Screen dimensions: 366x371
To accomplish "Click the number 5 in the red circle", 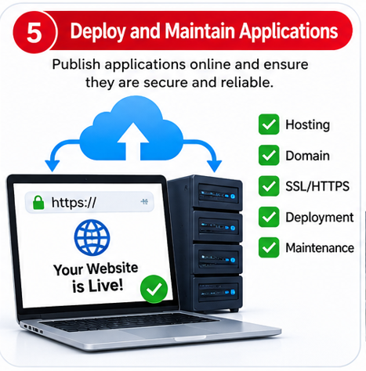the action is point(34,33).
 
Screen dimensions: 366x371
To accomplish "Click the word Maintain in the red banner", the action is point(200,31).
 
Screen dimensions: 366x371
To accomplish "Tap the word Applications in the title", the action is point(288,32).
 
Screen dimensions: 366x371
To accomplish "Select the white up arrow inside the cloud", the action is point(133,141).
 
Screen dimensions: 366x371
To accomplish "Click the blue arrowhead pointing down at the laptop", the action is point(53,165).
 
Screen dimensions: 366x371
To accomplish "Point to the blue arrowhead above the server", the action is point(214,166).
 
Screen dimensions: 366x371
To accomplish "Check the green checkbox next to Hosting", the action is point(269,124).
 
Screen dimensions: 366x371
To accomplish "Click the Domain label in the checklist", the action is point(307,156).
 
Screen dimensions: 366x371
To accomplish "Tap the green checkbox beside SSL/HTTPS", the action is point(269,186).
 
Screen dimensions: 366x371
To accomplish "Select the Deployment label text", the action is point(320,218).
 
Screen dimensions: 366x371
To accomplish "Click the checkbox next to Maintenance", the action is point(269,247).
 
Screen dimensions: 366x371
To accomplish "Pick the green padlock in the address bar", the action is point(38,203).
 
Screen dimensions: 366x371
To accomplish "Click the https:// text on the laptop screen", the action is point(74,203).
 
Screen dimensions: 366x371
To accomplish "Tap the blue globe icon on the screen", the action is point(92,237).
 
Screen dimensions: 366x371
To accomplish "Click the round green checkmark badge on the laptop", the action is point(154,289).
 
